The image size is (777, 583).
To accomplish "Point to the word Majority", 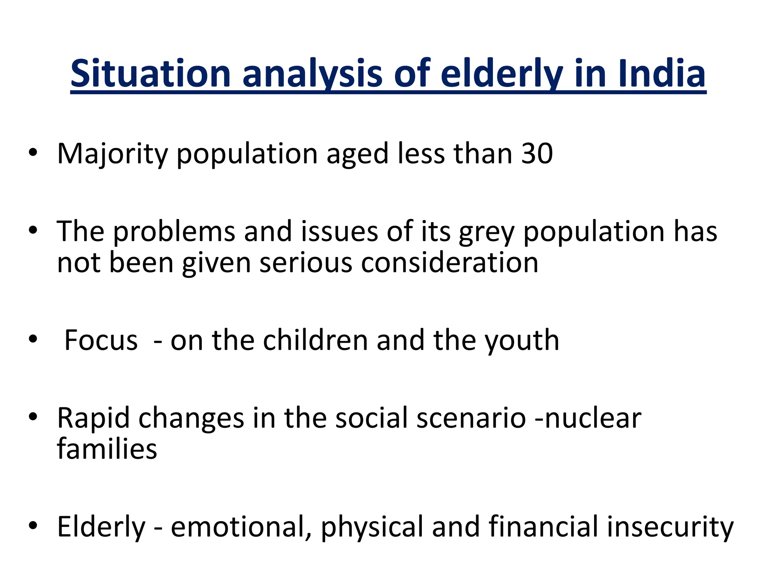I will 112,154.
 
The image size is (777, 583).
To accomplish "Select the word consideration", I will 449,263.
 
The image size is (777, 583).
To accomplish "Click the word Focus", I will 101,340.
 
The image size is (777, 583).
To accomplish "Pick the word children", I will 315,340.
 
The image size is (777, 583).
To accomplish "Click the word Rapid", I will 93,418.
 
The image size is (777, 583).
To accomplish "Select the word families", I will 107,449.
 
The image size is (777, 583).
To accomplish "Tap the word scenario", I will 471,418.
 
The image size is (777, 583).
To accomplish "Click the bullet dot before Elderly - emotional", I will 33,526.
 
